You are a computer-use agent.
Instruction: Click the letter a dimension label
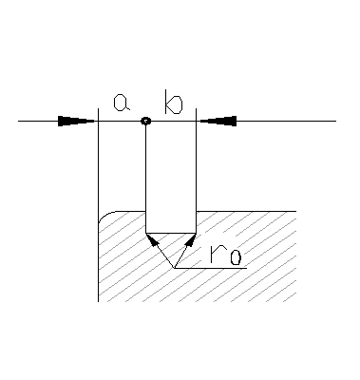coord(121,102)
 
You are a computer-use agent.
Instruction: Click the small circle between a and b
coord(145,121)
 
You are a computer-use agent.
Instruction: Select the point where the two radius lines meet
coord(175,268)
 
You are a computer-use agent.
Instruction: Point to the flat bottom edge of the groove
coord(171,231)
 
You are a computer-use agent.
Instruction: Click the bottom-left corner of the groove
coord(145,231)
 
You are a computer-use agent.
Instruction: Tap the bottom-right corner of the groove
coord(196,231)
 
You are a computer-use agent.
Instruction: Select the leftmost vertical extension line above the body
coord(99,161)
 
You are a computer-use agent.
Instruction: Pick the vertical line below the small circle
coord(145,171)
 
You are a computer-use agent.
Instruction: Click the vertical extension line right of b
coord(196,161)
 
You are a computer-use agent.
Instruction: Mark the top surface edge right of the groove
coord(247,211)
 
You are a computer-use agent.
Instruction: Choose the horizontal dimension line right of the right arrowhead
coord(285,121)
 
